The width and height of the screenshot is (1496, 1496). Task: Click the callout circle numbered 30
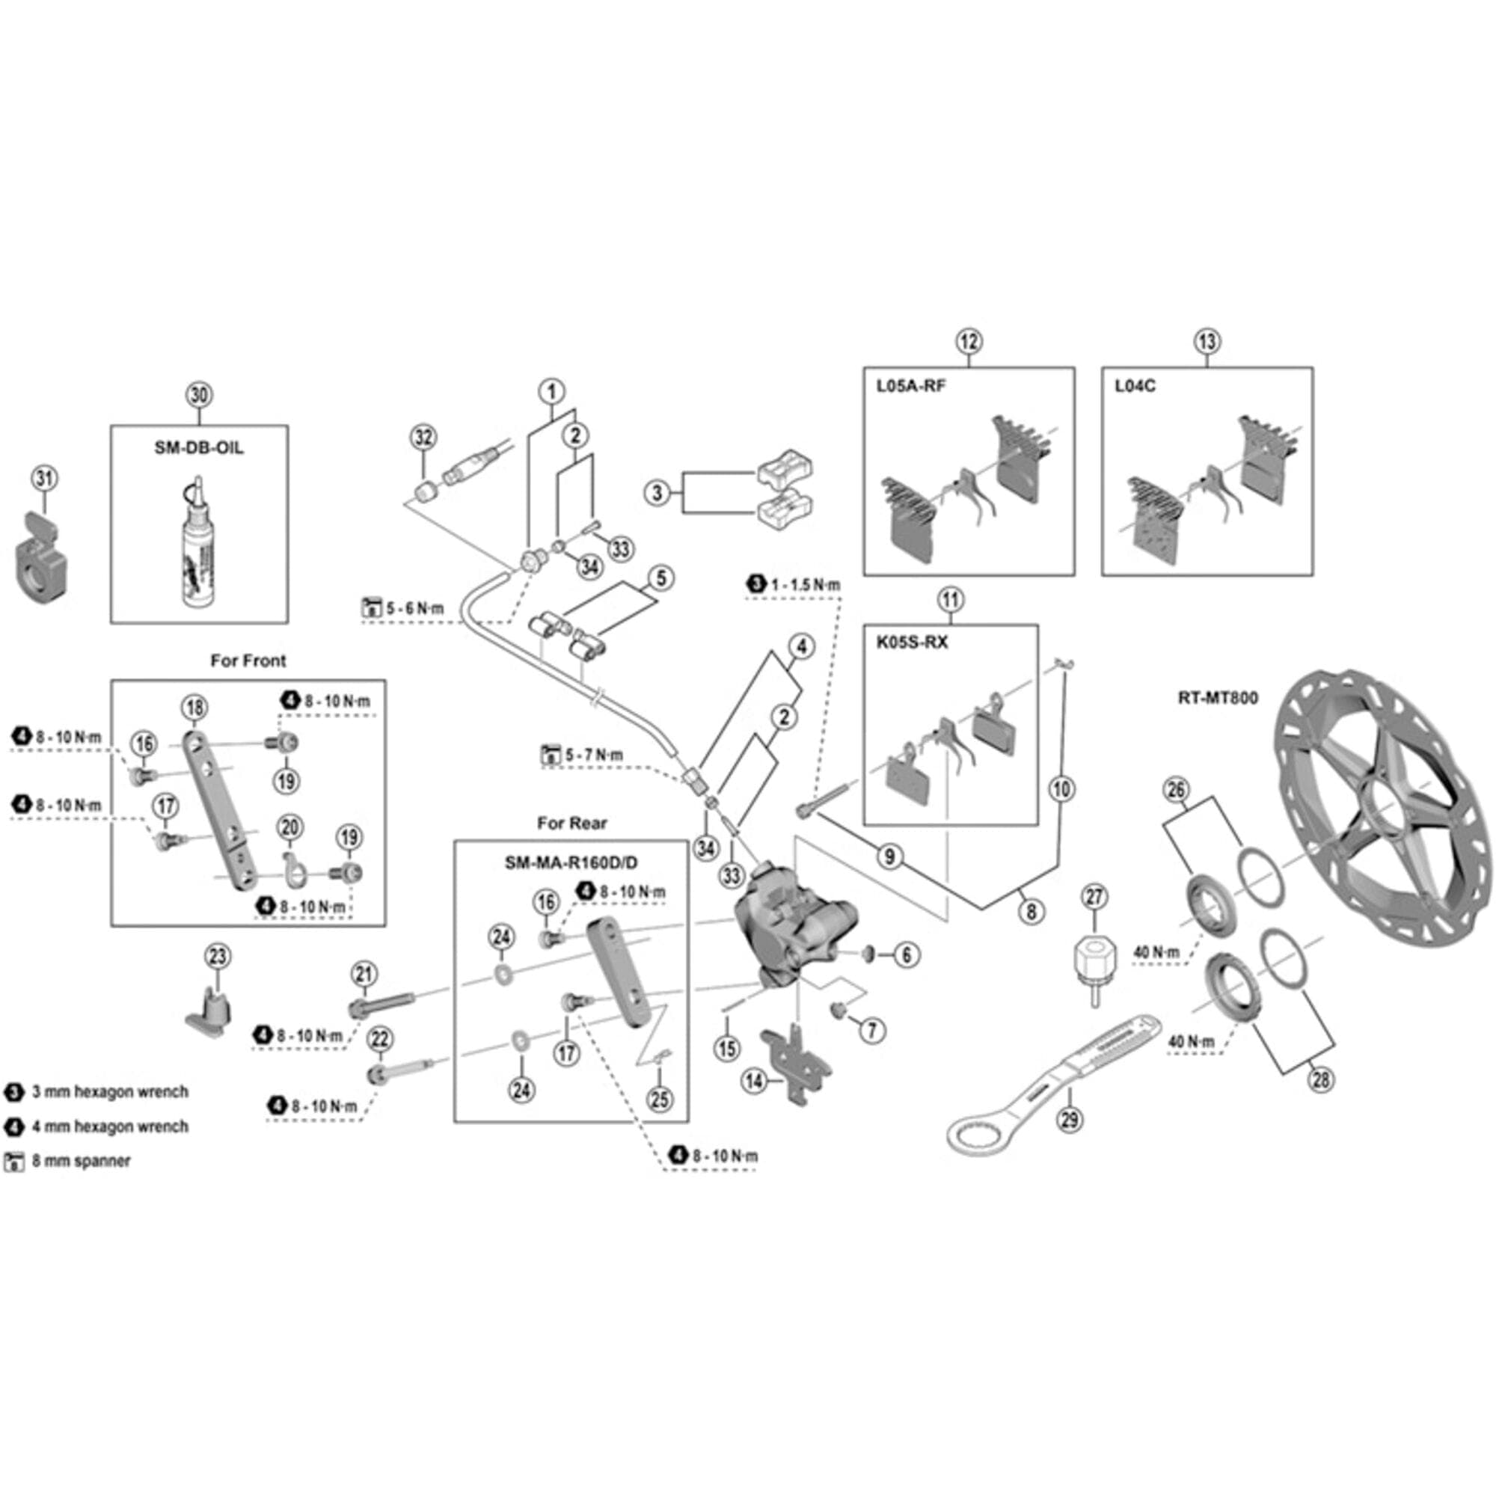pos(199,395)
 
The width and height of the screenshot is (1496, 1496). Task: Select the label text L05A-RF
pos(910,386)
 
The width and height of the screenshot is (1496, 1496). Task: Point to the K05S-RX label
pos(911,643)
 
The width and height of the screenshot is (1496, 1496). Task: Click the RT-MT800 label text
pos(1217,698)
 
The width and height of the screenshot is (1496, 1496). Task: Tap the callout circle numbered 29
pos(1070,1119)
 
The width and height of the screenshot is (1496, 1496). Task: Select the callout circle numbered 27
pos(1094,898)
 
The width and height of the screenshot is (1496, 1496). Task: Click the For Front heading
pos(248,660)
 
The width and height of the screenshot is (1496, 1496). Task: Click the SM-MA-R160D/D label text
pos(571,862)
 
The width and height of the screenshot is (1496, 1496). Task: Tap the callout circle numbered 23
pos(218,956)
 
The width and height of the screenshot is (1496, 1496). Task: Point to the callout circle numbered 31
pos(44,478)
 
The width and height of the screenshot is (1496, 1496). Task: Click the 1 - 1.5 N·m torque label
pos(804,586)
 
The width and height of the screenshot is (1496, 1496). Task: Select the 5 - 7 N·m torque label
pos(592,754)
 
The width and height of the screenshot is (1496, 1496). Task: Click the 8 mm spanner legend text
pos(81,1161)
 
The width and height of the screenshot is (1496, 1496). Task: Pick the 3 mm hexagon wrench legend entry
pos(109,1092)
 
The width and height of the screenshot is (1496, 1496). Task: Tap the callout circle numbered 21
pos(364,974)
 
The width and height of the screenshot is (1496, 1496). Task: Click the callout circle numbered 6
pos(907,954)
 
